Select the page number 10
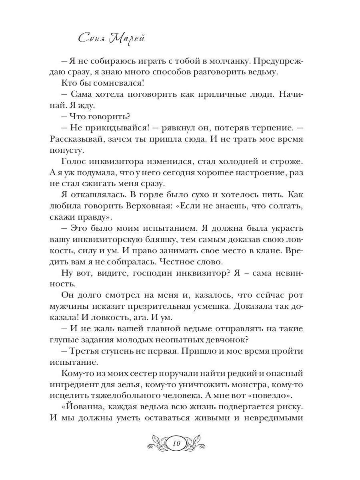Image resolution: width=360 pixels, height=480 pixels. point(178,443)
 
